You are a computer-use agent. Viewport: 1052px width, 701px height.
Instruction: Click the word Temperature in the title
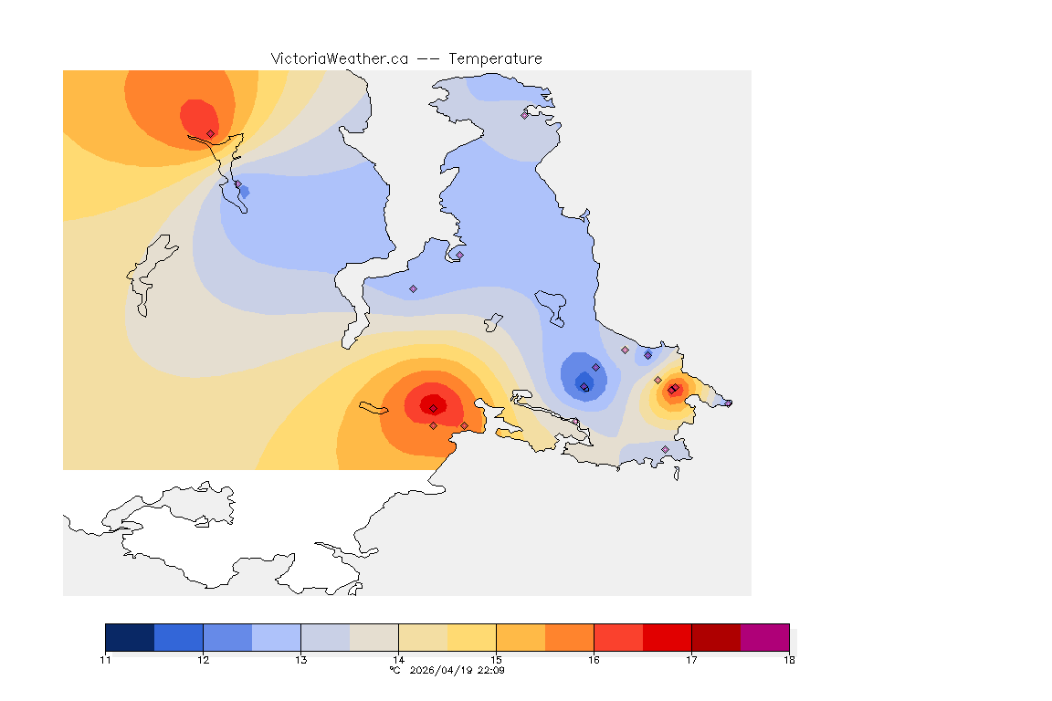[495, 58]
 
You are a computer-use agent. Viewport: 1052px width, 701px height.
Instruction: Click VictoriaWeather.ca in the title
[339, 58]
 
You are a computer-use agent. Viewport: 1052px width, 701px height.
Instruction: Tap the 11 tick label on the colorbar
[106, 659]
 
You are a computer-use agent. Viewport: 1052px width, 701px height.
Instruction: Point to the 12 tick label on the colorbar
[203, 659]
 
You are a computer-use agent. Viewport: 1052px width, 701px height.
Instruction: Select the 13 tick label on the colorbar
[300, 659]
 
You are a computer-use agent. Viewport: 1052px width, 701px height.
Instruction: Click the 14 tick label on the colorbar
[398, 659]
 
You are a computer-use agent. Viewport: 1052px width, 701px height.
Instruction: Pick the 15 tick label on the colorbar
[496, 659]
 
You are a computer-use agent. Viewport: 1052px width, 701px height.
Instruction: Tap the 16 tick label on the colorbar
[594, 659]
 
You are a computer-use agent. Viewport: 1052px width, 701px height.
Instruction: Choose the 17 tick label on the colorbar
[691, 659]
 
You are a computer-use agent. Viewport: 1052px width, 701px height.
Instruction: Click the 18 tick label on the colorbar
[789, 659]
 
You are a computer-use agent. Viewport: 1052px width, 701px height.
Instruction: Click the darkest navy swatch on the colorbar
[130, 637]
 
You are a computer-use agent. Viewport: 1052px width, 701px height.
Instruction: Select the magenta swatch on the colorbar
[764, 637]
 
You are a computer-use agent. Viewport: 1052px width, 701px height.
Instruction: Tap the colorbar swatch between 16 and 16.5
[618, 637]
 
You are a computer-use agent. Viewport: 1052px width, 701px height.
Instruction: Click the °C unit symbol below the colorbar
[395, 670]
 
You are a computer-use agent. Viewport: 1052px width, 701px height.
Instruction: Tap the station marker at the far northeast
[525, 115]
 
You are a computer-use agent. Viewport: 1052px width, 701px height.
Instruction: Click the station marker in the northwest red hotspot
[211, 133]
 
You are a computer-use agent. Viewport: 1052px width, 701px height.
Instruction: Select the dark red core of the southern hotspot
[433, 406]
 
